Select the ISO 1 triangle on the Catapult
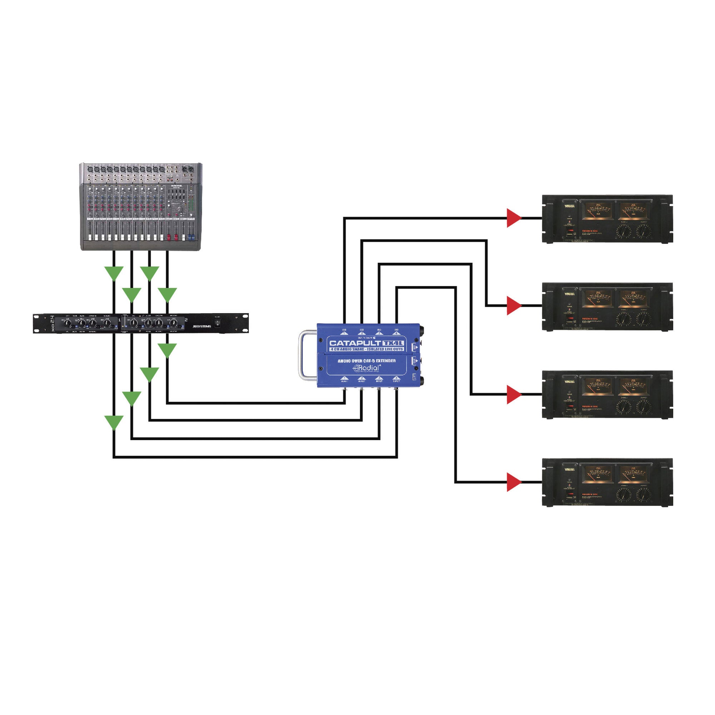(344, 332)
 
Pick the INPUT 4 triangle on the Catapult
(397, 378)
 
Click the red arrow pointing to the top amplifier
(514, 218)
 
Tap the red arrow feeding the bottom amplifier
(514, 482)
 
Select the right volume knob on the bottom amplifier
(644, 495)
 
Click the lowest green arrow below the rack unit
(114, 422)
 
